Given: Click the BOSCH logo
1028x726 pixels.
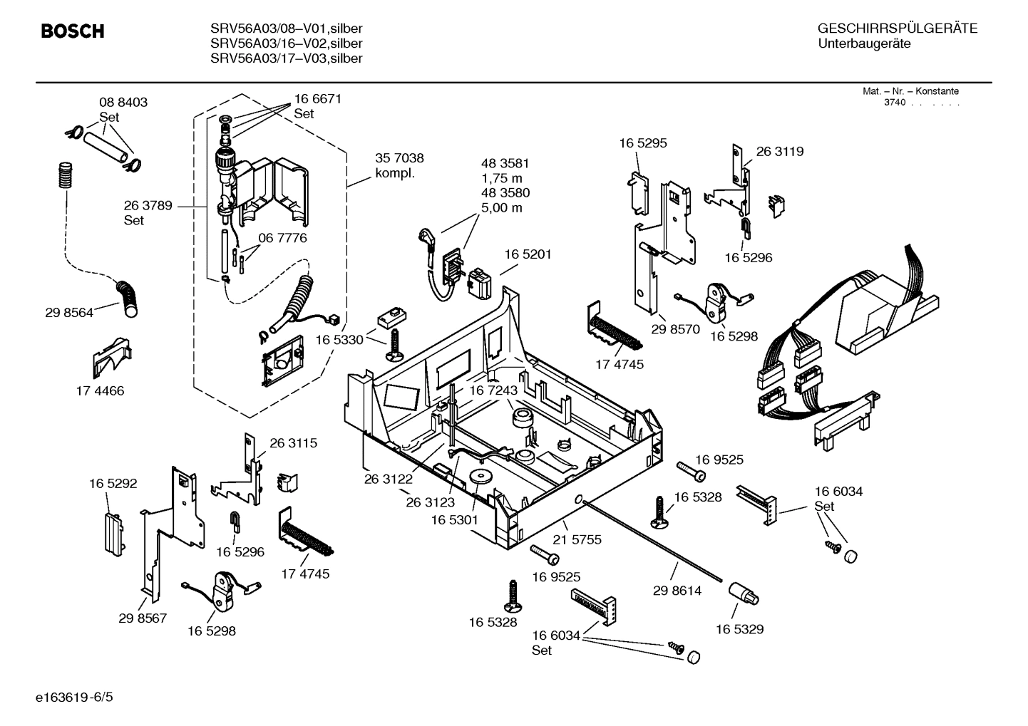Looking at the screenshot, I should (73, 31).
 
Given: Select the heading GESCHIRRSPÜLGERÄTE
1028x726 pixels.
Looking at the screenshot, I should (897, 28).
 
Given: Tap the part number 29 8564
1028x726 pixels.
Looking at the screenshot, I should (69, 312).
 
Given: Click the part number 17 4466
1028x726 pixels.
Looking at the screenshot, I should (100, 390).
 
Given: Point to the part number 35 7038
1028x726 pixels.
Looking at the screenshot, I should (399, 158).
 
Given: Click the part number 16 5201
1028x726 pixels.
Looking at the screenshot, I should (528, 254).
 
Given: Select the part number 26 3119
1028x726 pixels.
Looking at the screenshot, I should (779, 151).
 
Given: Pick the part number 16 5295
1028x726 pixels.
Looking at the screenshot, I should (643, 143).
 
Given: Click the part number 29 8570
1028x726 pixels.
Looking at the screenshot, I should (676, 329).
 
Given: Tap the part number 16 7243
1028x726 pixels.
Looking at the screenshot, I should (493, 390).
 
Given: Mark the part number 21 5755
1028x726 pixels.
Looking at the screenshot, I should (577, 539).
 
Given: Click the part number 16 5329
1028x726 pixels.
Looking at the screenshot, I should (739, 629).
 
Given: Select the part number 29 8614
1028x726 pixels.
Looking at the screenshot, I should (677, 591).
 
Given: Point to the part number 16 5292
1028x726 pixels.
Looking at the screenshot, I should (113, 484).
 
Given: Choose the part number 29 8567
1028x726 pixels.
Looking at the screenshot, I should (143, 618).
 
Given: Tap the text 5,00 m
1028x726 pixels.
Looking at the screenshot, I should (502, 208).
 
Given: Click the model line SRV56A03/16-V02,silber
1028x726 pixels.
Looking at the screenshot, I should (287, 43).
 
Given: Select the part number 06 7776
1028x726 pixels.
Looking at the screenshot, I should (283, 238).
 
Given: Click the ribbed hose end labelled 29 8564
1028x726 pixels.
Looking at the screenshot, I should (129, 298).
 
